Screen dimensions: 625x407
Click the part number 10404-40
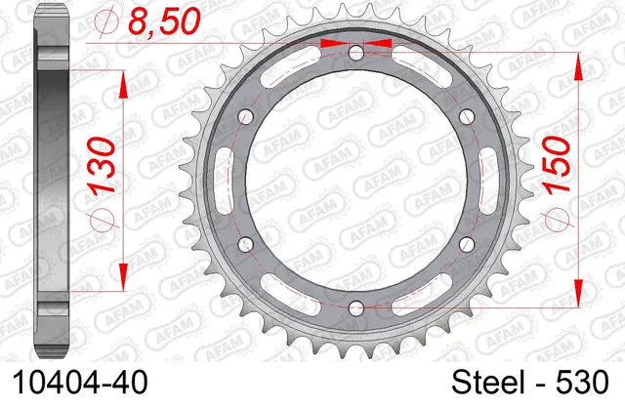pos(80,383)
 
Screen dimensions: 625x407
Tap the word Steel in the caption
pos(488,383)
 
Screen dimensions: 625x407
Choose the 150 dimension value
pos(557,165)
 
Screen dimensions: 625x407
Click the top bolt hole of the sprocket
pos(356,52)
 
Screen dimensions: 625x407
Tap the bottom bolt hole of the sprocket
pos(356,307)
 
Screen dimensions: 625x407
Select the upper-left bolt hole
pos(245,116)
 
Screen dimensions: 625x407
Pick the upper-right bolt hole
pos(467,116)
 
